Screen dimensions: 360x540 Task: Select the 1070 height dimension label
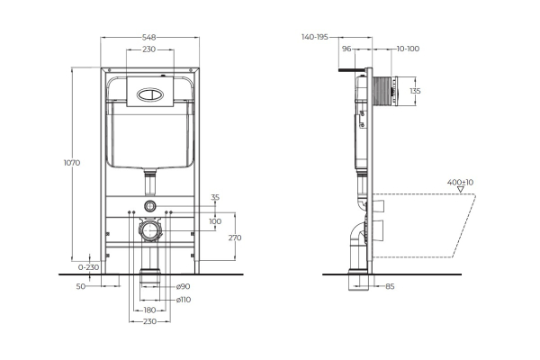pos(72,163)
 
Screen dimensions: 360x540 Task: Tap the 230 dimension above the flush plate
pos(149,49)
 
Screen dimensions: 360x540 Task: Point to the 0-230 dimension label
pos(86,267)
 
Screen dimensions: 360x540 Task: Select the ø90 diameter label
pos(184,286)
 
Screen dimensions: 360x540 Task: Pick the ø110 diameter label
pos(184,299)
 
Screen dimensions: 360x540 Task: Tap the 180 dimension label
pos(149,310)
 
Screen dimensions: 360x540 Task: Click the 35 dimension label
pos(214,196)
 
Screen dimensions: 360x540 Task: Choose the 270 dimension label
pos(235,238)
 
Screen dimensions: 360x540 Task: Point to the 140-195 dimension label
pos(315,38)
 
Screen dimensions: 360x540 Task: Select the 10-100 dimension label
pos(406,49)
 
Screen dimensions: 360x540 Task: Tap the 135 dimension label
pos(415,91)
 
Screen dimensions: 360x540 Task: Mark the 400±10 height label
pos(461,183)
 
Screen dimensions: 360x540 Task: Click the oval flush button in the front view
pos(149,90)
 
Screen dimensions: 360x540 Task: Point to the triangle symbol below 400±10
pos(461,191)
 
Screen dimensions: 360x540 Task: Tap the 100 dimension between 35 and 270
pos(214,220)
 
